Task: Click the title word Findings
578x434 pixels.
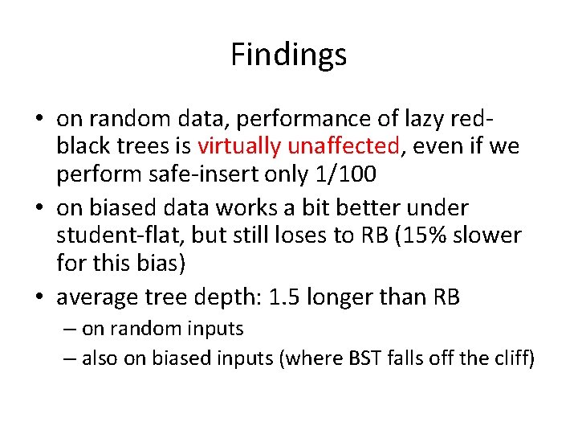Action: [288, 55]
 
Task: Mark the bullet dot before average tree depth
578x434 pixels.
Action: [40, 297]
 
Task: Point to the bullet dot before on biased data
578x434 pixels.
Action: [40, 207]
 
